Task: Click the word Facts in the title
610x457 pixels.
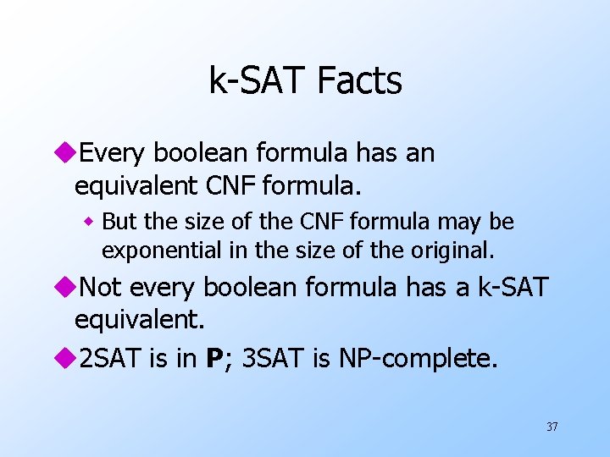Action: [x=358, y=81]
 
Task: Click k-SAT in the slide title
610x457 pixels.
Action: [x=258, y=81]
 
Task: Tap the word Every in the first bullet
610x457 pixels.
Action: [x=111, y=153]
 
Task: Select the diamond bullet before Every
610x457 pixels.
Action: [x=67, y=153]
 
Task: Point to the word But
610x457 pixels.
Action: [x=118, y=222]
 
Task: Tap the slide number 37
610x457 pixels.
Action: [x=552, y=427]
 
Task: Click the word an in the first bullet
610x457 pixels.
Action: [x=419, y=153]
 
